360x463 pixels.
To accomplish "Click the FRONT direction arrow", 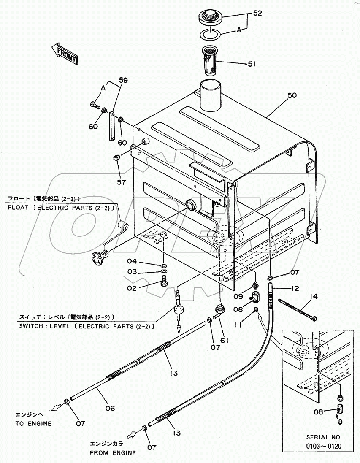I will tap(64, 54).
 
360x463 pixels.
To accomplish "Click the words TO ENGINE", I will tap(33, 423).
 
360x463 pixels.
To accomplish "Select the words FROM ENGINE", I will tap(113, 453).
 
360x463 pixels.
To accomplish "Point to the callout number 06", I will tap(110, 408).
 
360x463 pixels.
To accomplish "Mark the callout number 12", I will tap(295, 289).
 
